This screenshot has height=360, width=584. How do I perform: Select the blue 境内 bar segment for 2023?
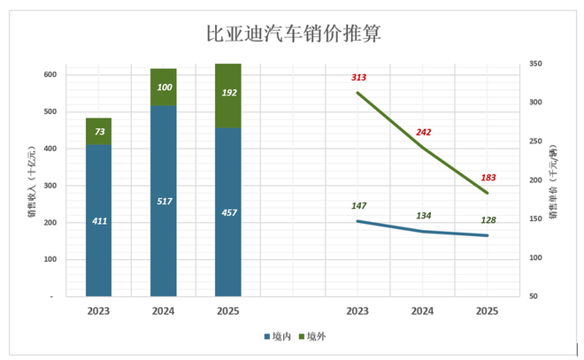pos(98,220)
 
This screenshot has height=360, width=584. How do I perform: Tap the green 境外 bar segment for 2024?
pos(164,87)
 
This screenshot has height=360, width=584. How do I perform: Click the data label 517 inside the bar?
pos(164,203)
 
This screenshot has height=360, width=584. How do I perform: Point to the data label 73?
pos(98,132)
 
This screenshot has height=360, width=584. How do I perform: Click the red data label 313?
pos(357,78)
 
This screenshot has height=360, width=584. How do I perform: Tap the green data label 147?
pos(358,206)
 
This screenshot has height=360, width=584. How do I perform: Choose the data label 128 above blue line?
pos(487,220)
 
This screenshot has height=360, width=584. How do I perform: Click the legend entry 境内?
pos(279,336)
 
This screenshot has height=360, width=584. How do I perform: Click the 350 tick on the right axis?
pos(536,64)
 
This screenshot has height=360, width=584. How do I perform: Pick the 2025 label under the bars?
pos(228,311)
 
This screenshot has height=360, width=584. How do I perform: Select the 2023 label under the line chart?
pos(357,311)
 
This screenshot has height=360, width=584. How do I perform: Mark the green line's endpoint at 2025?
pos(487,193)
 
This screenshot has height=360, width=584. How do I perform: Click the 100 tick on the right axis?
pos(536,257)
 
